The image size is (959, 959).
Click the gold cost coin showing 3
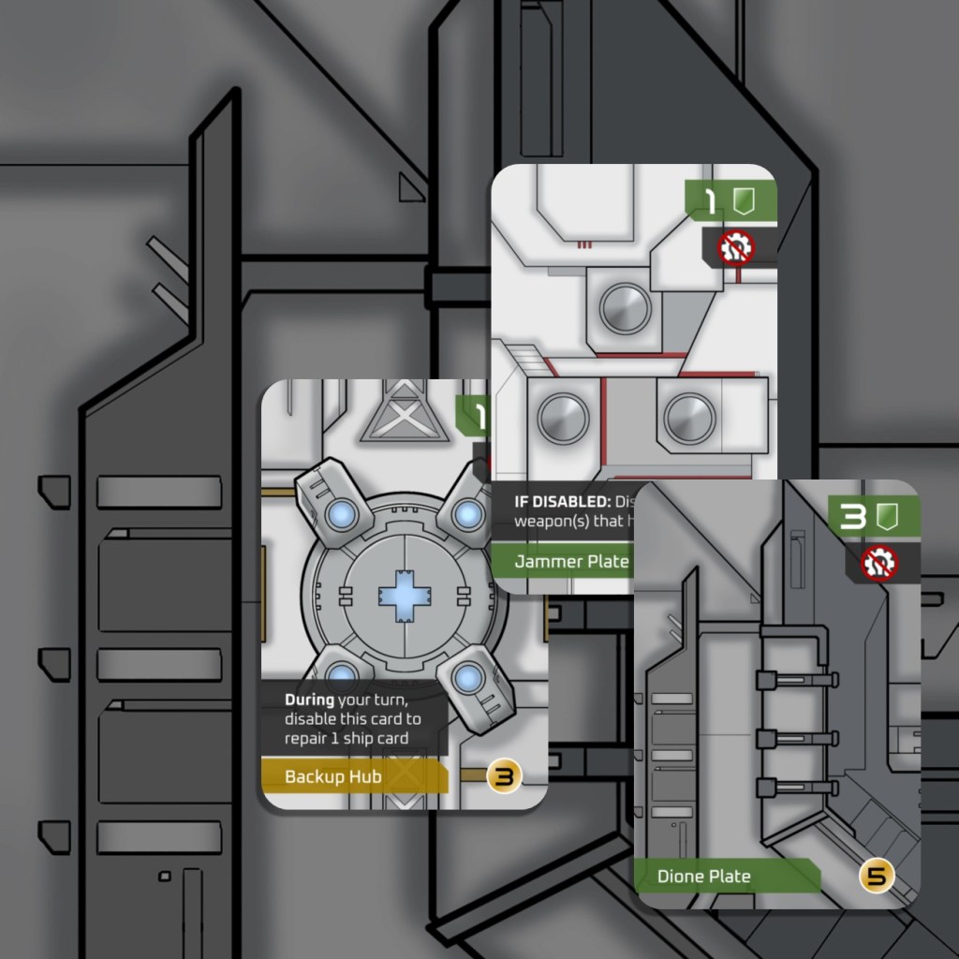click(x=504, y=776)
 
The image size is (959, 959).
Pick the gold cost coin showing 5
click(x=877, y=877)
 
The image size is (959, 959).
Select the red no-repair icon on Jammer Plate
click(x=735, y=248)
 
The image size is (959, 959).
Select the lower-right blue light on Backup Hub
click(x=471, y=677)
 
